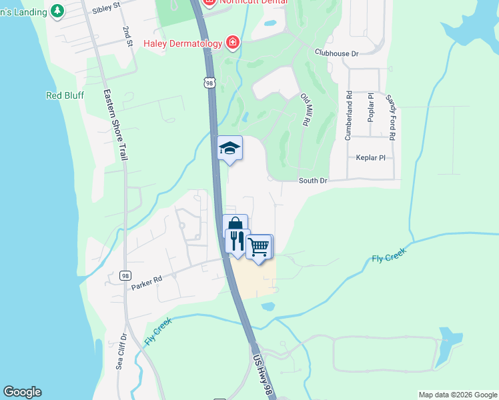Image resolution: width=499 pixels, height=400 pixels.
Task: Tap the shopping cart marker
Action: (x=259, y=247)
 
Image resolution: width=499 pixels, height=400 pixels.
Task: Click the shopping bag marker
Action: (x=235, y=225)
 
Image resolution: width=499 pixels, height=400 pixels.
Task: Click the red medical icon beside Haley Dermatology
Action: (x=232, y=43)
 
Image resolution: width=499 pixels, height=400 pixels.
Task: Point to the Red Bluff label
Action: (x=65, y=95)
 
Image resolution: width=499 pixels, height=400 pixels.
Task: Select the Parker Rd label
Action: (x=146, y=282)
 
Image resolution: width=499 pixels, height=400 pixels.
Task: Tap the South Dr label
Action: (x=313, y=181)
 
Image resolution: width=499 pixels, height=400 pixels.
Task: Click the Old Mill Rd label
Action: (x=306, y=110)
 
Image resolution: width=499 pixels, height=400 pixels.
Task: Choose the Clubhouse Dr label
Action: (x=337, y=53)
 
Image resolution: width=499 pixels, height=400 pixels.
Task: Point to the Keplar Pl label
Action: (x=370, y=158)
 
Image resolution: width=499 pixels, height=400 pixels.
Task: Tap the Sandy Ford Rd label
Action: (x=390, y=116)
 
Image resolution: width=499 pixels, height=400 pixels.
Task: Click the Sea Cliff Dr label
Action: (x=121, y=351)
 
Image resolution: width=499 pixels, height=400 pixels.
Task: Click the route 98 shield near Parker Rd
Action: (x=125, y=275)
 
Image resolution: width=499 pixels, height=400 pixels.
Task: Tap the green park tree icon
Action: (x=57, y=10)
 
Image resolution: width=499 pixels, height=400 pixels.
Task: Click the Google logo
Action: (x=22, y=392)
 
